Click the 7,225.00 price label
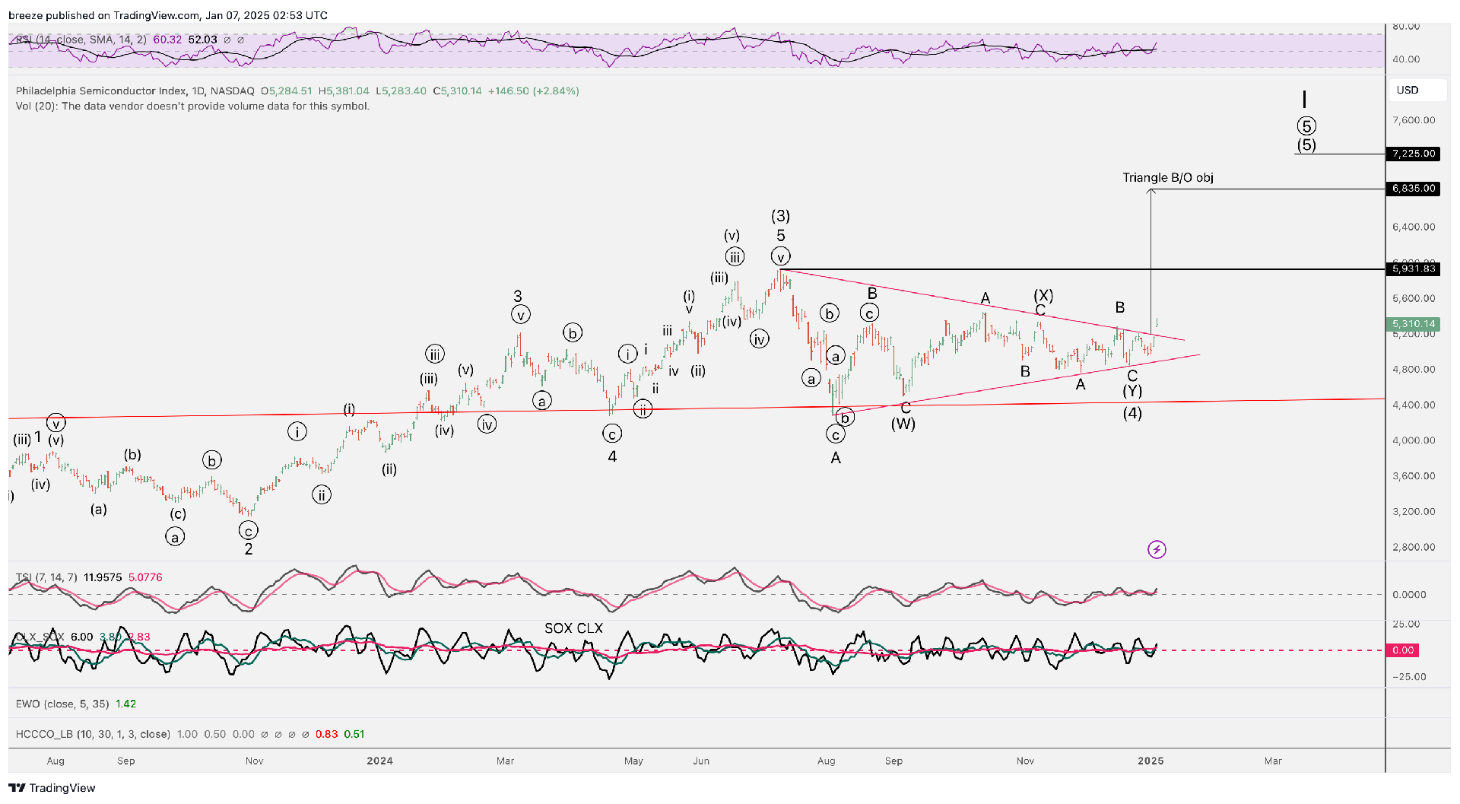(1414, 154)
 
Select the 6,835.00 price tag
(1414, 189)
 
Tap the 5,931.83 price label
(1414, 269)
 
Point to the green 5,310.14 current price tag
(1414, 324)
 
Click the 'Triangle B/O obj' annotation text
(1168, 178)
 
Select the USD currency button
(1408, 90)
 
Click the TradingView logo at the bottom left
(52, 788)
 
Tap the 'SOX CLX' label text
(573, 628)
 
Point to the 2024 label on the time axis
(379, 761)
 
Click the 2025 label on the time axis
(1151, 761)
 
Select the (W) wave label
(903, 424)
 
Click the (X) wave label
(1043, 295)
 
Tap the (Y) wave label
(1132, 391)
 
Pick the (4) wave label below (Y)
(1132, 413)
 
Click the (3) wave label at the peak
(780, 216)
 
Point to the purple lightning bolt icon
(1157, 549)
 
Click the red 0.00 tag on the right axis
(1403, 650)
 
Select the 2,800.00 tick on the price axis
(1414, 547)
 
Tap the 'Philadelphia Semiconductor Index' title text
(100, 91)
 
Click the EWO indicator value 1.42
(125, 704)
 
